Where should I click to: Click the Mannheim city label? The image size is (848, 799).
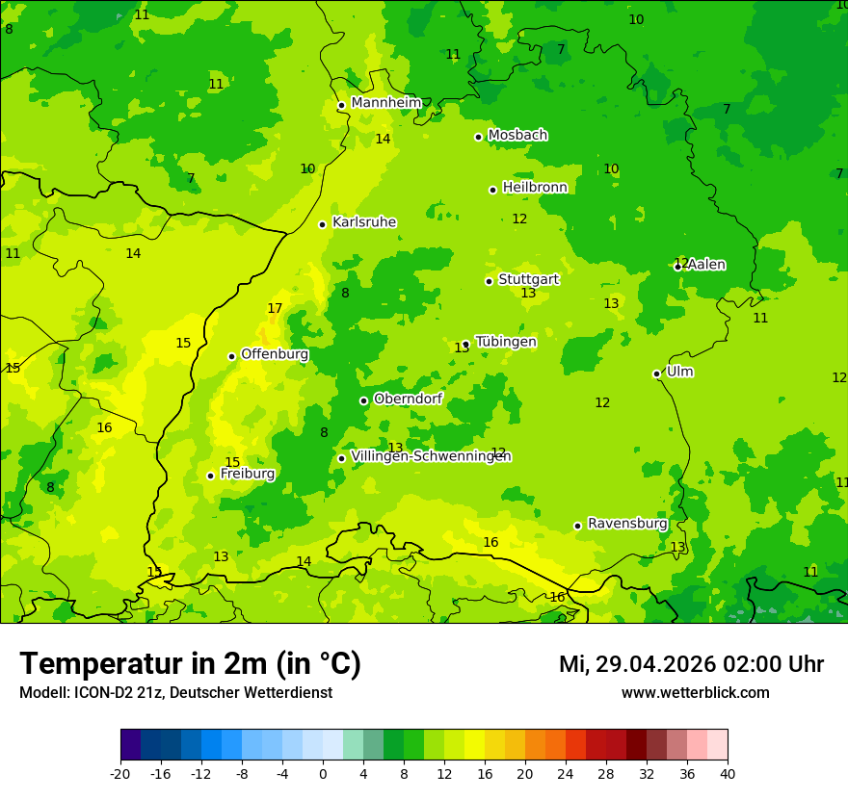(385, 102)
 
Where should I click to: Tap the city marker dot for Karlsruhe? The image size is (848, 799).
(323, 224)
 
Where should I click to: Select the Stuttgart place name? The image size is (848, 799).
(528, 279)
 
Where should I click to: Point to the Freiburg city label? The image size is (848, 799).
(247, 474)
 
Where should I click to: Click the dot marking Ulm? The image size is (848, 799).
(657, 374)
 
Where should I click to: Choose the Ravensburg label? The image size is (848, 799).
(626, 524)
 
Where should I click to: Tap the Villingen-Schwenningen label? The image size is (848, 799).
(431, 456)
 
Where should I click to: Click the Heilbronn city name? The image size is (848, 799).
(535, 187)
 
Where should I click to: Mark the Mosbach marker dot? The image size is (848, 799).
(478, 137)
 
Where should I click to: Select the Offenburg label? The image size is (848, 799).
(275, 354)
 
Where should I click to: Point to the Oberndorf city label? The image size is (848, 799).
(408, 399)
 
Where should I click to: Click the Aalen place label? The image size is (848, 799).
(706, 265)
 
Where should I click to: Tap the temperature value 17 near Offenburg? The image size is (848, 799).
(275, 309)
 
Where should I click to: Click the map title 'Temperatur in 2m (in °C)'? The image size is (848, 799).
(190, 663)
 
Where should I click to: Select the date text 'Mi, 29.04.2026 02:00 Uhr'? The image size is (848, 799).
(691, 664)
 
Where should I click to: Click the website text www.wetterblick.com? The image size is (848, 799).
(695, 693)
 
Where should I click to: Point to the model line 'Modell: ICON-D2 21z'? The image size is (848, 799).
(175, 693)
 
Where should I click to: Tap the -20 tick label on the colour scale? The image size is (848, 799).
(120, 774)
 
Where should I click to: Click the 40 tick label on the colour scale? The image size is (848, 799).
(728, 774)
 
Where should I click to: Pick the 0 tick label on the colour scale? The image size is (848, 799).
(323, 774)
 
